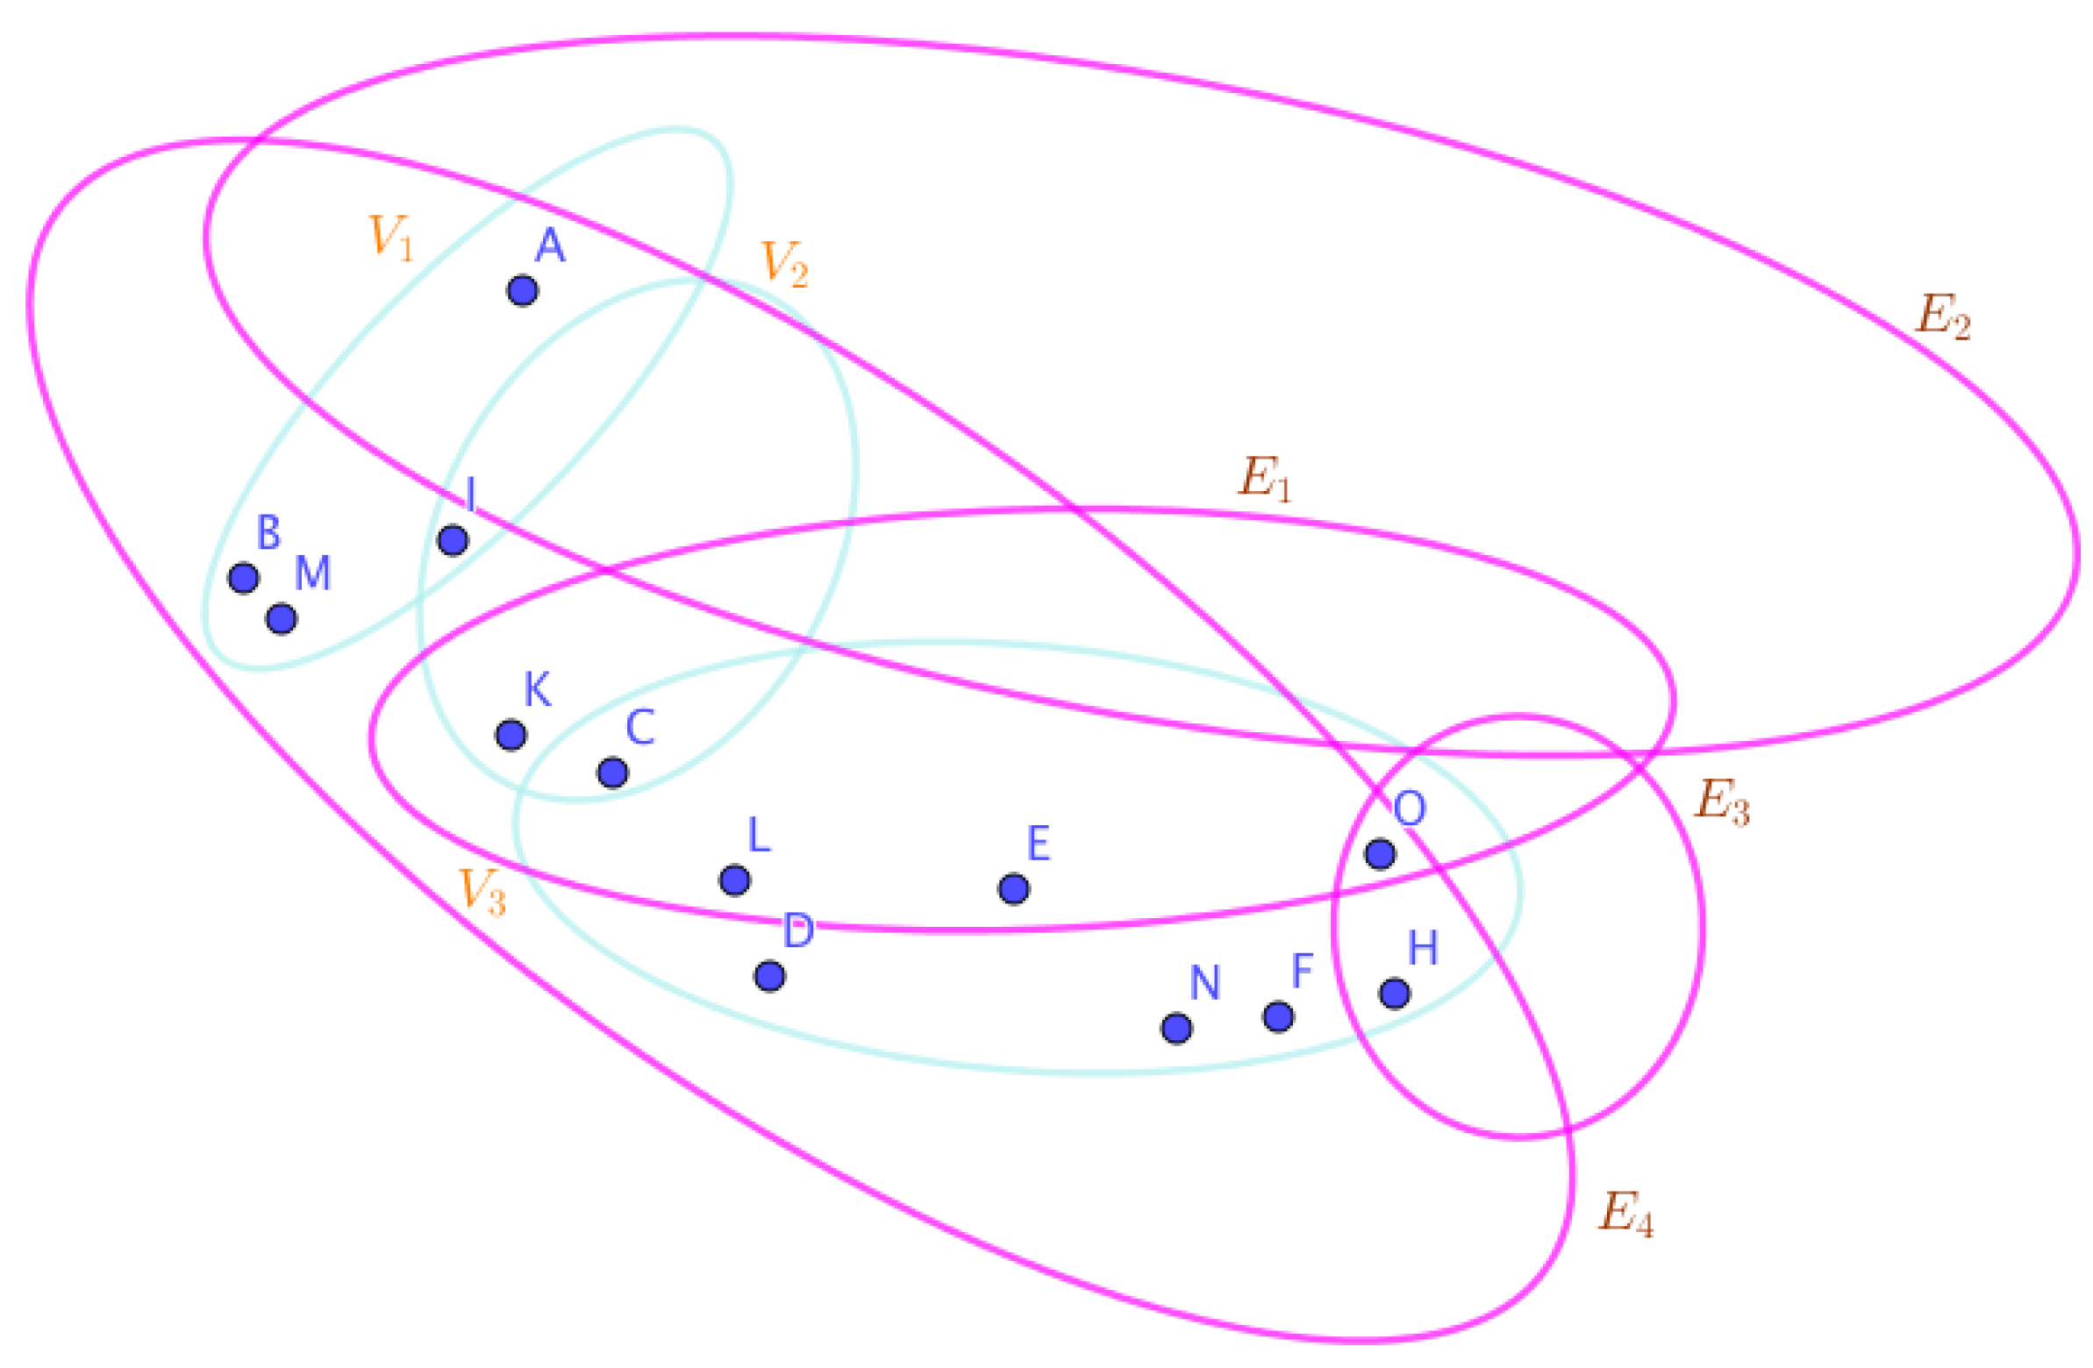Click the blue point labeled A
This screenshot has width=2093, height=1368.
(522, 290)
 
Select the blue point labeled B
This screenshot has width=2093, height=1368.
(244, 578)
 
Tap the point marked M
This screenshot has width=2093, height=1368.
(282, 619)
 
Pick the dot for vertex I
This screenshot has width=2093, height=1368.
(453, 540)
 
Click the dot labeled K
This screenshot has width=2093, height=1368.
(511, 734)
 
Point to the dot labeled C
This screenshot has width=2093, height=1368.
(613, 773)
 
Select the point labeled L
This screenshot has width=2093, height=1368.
(734, 880)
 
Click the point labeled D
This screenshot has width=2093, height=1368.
(769, 976)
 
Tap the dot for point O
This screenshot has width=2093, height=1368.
(1380, 852)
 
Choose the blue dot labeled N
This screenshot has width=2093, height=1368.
(1176, 1028)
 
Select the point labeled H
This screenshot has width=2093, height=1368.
(1395, 994)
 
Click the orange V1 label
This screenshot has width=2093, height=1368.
(390, 238)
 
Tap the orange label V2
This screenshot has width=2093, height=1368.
(783, 263)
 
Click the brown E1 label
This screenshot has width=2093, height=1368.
(1265, 479)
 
